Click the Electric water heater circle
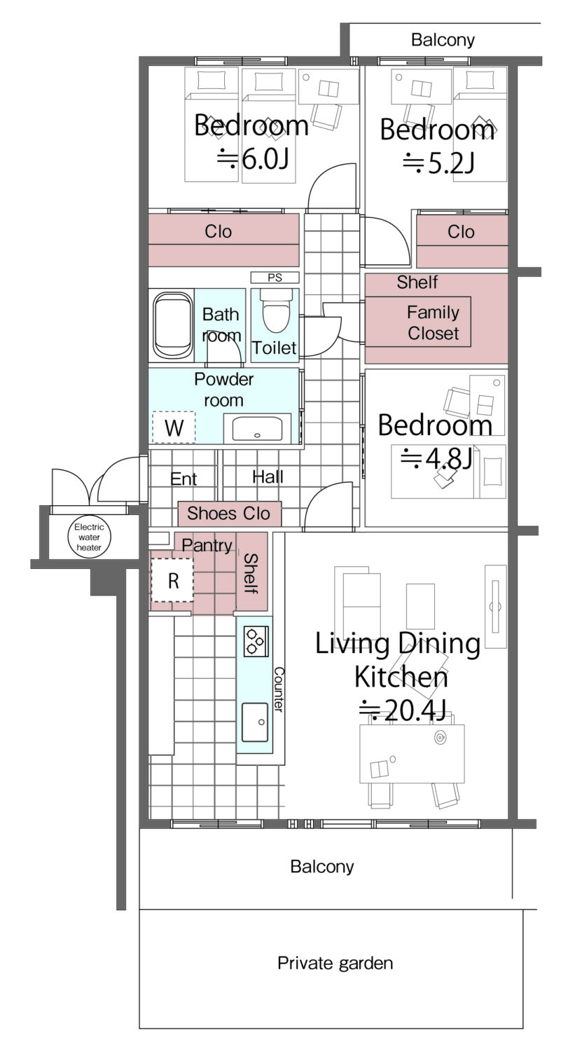(89, 537)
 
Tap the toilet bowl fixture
(275, 310)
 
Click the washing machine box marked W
(174, 427)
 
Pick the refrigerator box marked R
(172, 580)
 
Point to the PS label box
(275, 277)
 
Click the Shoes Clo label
(228, 514)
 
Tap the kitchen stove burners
(256, 641)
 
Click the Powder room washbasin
(257, 428)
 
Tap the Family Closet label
(433, 322)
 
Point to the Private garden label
(335, 963)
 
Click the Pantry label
(207, 545)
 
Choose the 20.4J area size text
(403, 710)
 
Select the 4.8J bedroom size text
(436, 458)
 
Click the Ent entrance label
(183, 479)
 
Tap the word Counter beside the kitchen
(279, 689)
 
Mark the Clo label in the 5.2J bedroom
(461, 232)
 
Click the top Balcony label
(443, 40)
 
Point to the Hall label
(268, 477)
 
